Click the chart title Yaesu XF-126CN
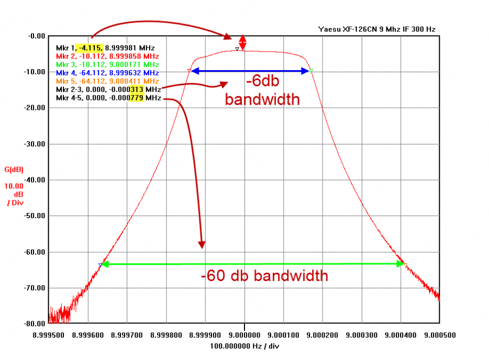pos(376,29)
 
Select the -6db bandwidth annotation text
pos(262,91)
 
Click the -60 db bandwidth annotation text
pos(264,276)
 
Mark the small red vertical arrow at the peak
pos(242,42)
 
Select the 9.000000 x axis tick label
pos(244,334)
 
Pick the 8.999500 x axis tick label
pos(49,334)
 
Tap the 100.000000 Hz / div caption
pos(244,346)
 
